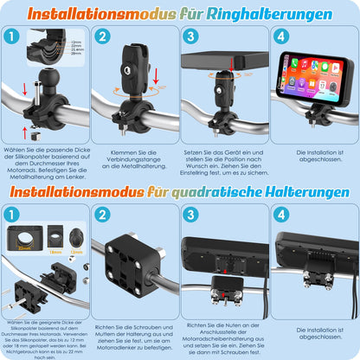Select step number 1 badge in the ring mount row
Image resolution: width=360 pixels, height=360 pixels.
click(x=10, y=37)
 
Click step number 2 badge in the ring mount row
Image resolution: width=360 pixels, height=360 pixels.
click(x=102, y=37)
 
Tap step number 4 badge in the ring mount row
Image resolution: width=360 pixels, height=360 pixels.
click(x=280, y=37)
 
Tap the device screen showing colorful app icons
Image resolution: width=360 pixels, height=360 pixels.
click(x=313, y=76)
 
